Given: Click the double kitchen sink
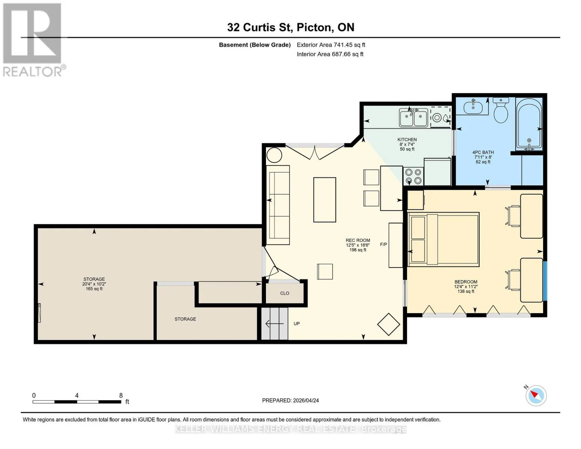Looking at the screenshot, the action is pyautogui.click(x=413, y=117).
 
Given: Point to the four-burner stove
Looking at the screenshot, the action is pyautogui.click(x=413, y=176).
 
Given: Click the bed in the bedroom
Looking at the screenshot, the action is pyautogui.click(x=444, y=239).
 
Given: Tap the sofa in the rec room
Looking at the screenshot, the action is pyautogui.click(x=278, y=205).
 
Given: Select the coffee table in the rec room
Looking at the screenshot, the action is pyautogui.click(x=325, y=199).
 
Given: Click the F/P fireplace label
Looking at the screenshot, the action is pyautogui.click(x=383, y=244).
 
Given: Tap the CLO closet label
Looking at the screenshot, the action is pyautogui.click(x=284, y=293).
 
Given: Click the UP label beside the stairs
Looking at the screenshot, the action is pyautogui.click(x=297, y=324).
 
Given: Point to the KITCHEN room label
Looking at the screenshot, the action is pyautogui.click(x=407, y=140).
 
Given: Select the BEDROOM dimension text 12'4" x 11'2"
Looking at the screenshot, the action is pyautogui.click(x=466, y=286).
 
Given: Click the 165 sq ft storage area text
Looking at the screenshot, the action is pyautogui.click(x=94, y=289).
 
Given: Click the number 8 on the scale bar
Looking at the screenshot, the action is pyautogui.click(x=121, y=395).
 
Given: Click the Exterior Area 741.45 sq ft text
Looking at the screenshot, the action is pyautogui.click(x=331, y=45).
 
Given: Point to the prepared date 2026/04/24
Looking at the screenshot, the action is pyautogui.click(x=306, y=400).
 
